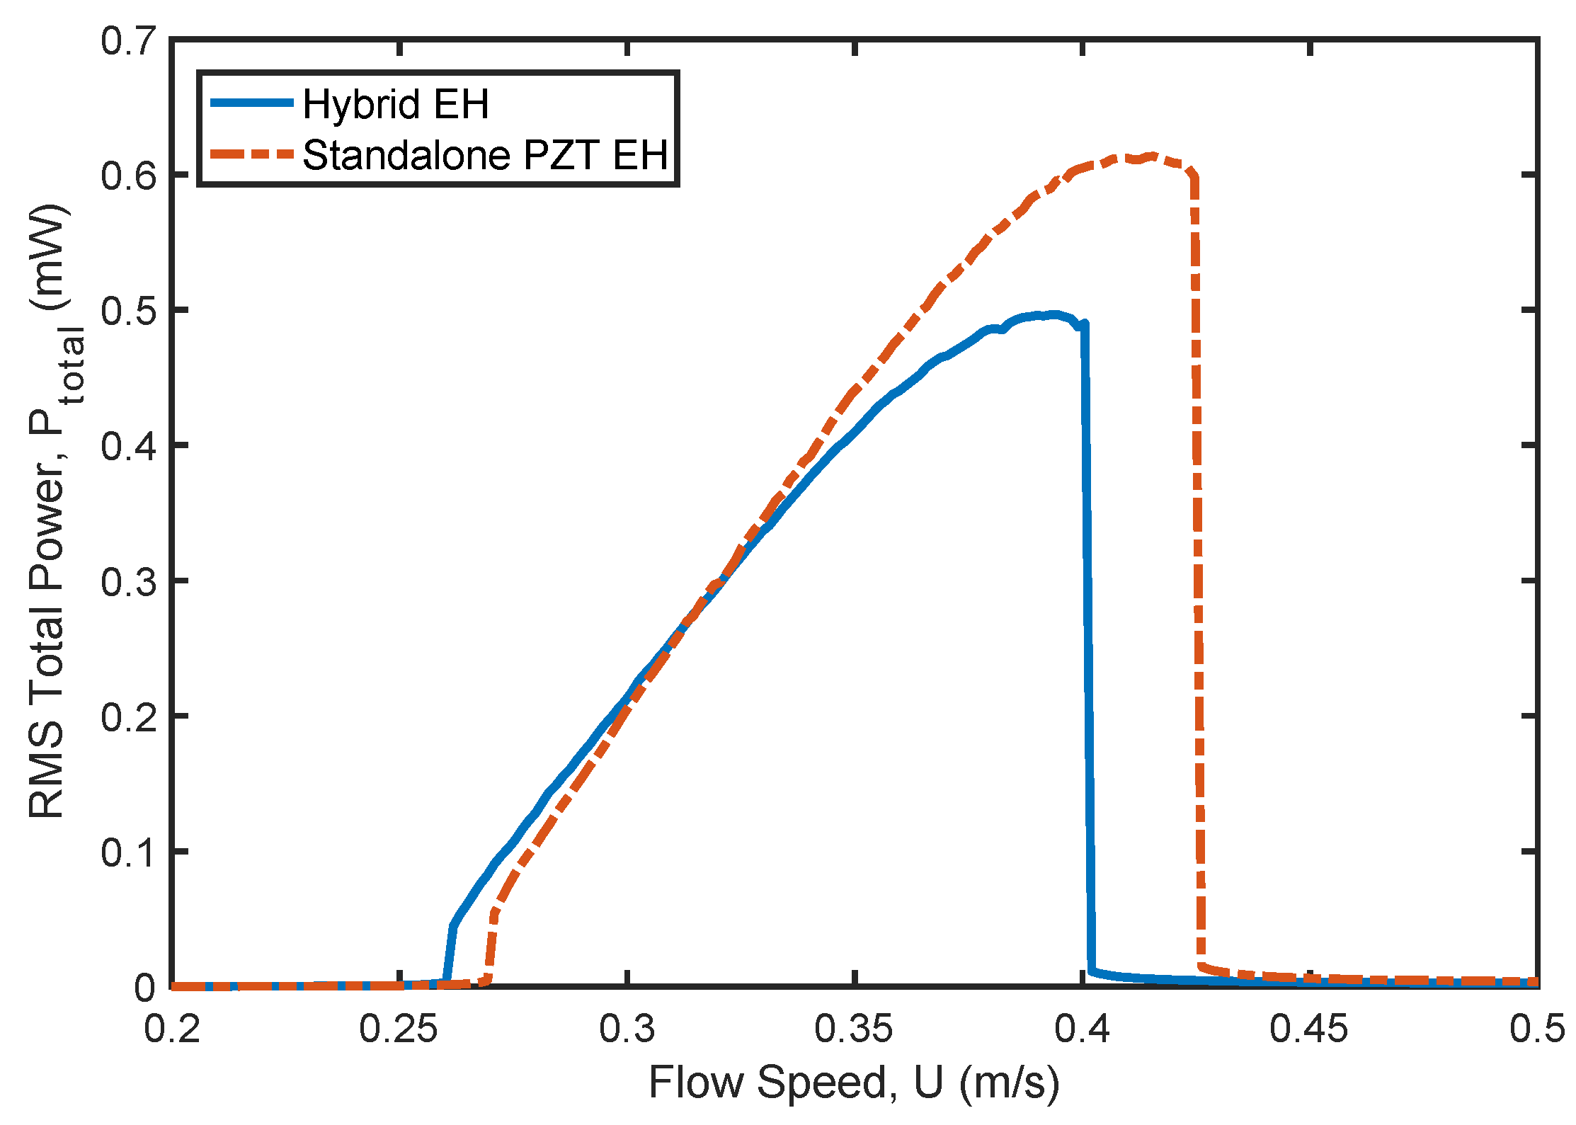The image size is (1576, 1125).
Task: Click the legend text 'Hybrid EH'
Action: click(x=395, y=104)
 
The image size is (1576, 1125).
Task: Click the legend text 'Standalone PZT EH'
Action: click(x=485, y=155)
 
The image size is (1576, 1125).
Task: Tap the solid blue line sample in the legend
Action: click(x=252, y=103)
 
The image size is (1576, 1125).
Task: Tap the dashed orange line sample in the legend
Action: click(x=252, y=154)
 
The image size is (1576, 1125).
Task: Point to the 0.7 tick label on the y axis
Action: click(x=128, y=40)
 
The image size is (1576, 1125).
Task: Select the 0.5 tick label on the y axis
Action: click(x=128, y=311)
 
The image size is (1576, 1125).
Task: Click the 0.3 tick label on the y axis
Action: click(x=128, y=581)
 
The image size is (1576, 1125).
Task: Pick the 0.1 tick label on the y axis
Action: click(x=128, y=852)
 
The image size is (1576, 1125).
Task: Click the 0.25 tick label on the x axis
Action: click(x=399, y=1028)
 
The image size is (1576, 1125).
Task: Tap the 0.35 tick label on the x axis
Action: click(x=854, y=1028)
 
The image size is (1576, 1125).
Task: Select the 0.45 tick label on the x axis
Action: click(x=1309, y=1028)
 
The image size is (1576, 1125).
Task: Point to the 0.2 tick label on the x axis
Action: click(x=172, y=1028)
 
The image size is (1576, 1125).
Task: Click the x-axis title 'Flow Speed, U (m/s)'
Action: click(x=854, y=1083)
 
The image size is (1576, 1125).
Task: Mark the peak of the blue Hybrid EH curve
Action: click(x=1055, y=314)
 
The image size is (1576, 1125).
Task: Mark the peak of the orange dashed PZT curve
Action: click(x=1152, y=156)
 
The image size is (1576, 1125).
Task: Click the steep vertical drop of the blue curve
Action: click(x=1088, y=637)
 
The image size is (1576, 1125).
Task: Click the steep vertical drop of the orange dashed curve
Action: click(x=1197, y=566)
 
